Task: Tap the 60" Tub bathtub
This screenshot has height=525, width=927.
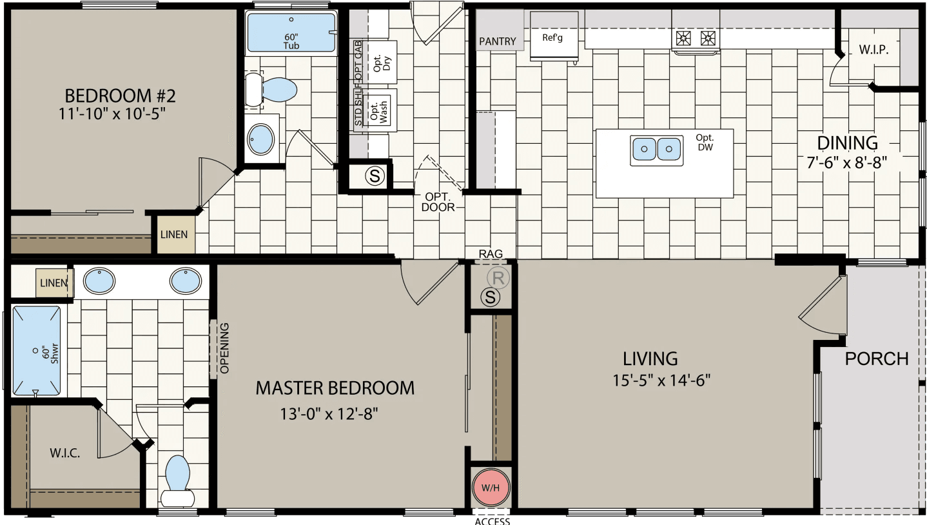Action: point(291,32)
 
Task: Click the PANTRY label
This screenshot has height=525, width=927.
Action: point(498,42)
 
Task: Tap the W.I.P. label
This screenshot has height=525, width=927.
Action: point(873,50)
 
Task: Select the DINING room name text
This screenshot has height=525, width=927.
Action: point(847,143)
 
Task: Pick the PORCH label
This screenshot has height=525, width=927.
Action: point(876,359)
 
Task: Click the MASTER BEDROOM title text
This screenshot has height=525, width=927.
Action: point(335,388)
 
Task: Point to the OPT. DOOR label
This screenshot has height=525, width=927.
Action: point(438,202)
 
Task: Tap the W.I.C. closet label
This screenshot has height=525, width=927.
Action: point(64,453)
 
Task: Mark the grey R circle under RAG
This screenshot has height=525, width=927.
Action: point(497,279)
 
